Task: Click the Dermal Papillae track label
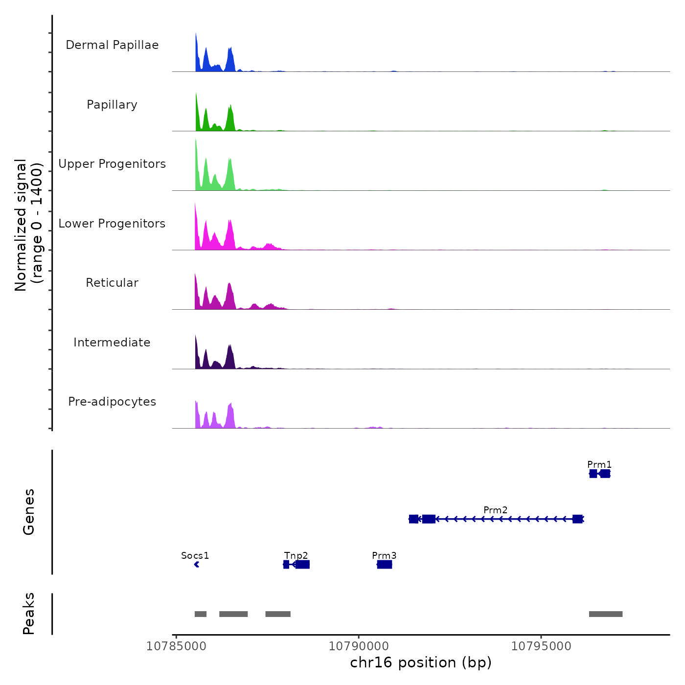pyautogui.click(x=112, y=45)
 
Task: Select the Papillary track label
pyautogui.click(x=112, y=105)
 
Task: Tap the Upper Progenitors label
pyautogui.click(x=112, y=164)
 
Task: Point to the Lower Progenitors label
pyautogui.click(x=112, y=224)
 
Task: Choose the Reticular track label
pyautogui.click(x=112, y=283)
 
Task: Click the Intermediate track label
pyautogui.click(x=112, y=342)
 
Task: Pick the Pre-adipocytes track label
pyautogui.click(x=112, y=402)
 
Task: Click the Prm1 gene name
pyautogui.click(x=599, y=464)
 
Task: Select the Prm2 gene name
pyautogui.click(x=495, y=510)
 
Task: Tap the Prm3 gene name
pyautogui.click(x=384, y=555)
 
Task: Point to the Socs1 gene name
pyautogui.click(x=195, y=555)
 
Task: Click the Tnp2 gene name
pyautogui.click(x=296, y=555)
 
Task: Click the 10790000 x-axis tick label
pyautogui.click(x=359, y=646)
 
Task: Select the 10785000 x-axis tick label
pyautogui.click(x=176, y=646)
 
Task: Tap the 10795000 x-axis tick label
pyautogui.click(x=541, y=646)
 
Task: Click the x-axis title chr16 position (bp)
pyautogui.click(x=421, y=662)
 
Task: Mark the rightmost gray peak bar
pyautogui.click(x=606, y=614)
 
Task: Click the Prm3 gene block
pyautogui.click(x=385, y=565)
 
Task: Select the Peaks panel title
pyautogui.click(x=29, y=614)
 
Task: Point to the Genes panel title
pyautogui.click(x=29, y=512)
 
